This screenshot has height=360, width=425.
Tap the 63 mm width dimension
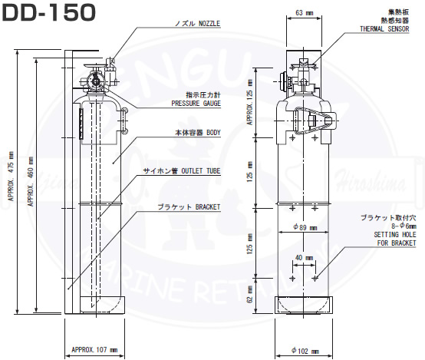tap(302, 13)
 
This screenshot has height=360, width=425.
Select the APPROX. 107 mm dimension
tap(94, 349)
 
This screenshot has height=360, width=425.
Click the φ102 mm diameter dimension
tap(306, 350)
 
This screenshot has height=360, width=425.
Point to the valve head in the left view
tap(97, 79)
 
